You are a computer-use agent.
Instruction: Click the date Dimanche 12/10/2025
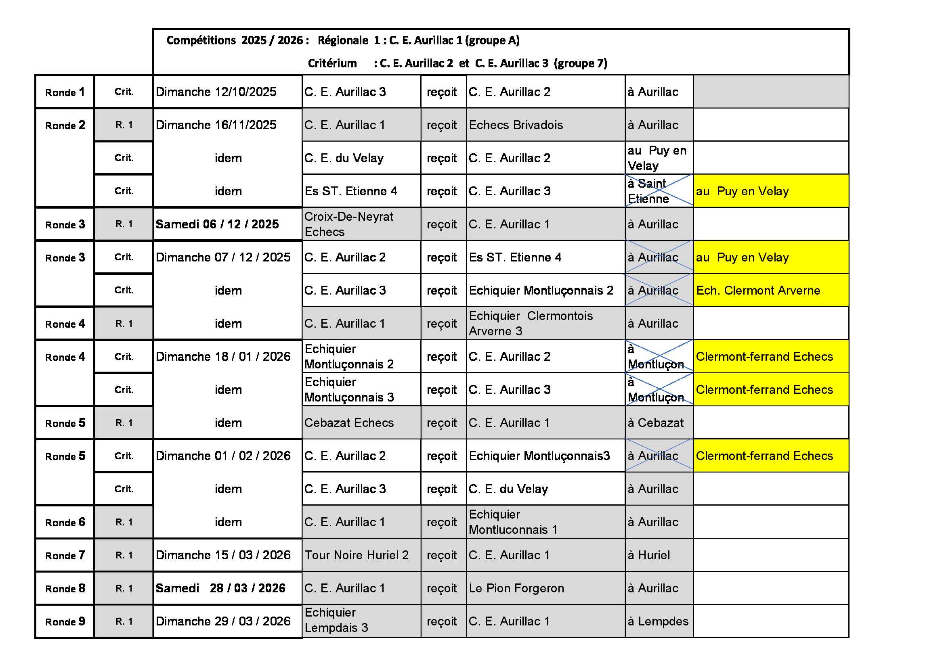coord(216,92)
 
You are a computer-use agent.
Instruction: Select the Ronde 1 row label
coord(65,92)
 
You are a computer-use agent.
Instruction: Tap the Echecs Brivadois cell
coord(516,125)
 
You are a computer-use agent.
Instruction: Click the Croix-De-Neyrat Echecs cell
coord(349,224)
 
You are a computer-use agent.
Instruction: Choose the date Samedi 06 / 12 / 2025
coord(217,224)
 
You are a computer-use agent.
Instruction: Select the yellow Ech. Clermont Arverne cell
coord(758,290)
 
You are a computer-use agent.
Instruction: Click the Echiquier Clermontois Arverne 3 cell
coord(531,324)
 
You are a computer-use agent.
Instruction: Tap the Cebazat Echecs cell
coord(349,422)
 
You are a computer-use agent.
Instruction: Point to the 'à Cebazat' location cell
coord(655,422)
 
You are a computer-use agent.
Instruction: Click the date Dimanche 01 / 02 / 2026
coord(223,456)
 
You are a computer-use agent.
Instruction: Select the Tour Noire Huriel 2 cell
coord(356,555)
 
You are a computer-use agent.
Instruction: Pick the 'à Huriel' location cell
coord(648,555)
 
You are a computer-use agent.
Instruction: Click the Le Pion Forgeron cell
coord(516,588)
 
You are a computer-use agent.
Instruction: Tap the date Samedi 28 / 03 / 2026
coord(220,588)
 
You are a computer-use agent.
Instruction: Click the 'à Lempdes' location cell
coord(657,621)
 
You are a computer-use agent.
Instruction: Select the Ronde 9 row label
coord(65,621)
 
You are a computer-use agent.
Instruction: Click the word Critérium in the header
coord(332,63)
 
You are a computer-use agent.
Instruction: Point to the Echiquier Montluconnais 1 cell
coord(513,522)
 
